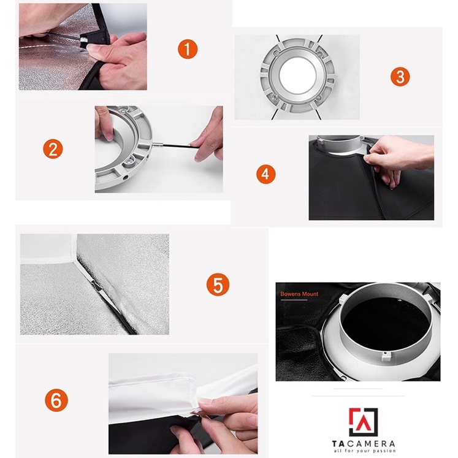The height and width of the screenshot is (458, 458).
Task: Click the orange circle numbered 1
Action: pyautogui.click(x=188, y=49)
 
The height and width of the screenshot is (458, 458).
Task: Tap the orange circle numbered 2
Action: pyautogui.click(x=53, y=149)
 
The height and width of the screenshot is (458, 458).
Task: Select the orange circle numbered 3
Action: pyautogui.click(x=400, y=77)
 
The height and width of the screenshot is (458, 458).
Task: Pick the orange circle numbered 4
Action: pyautogui.click(x=266, y=174)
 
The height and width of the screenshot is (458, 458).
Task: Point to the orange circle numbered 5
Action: pyautogui.click(x=218, y=284)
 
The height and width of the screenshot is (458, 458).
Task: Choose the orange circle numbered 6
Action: pyautogui.click(x=56, y=400)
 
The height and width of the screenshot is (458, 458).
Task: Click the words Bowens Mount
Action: pyautogui.click(x=299, y=294)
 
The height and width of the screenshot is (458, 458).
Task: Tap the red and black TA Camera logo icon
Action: pyautogui.click(x=363, y=422)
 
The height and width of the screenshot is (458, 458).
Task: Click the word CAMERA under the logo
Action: pyautogui.click(x=372, y=444)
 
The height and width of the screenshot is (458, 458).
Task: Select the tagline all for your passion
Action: pyautogui.click(x=364, y=451)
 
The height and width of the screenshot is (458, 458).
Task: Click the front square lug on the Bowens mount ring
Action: pyautogui.click(x=386, y=356)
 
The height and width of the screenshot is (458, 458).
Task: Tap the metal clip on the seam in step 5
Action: pyautogui.click(x=95, y=284)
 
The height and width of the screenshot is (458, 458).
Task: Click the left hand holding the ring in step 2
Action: pyautogui.click(x=104, y=123)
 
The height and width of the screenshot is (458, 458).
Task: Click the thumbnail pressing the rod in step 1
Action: pyautogui.click(x=93, y=48)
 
